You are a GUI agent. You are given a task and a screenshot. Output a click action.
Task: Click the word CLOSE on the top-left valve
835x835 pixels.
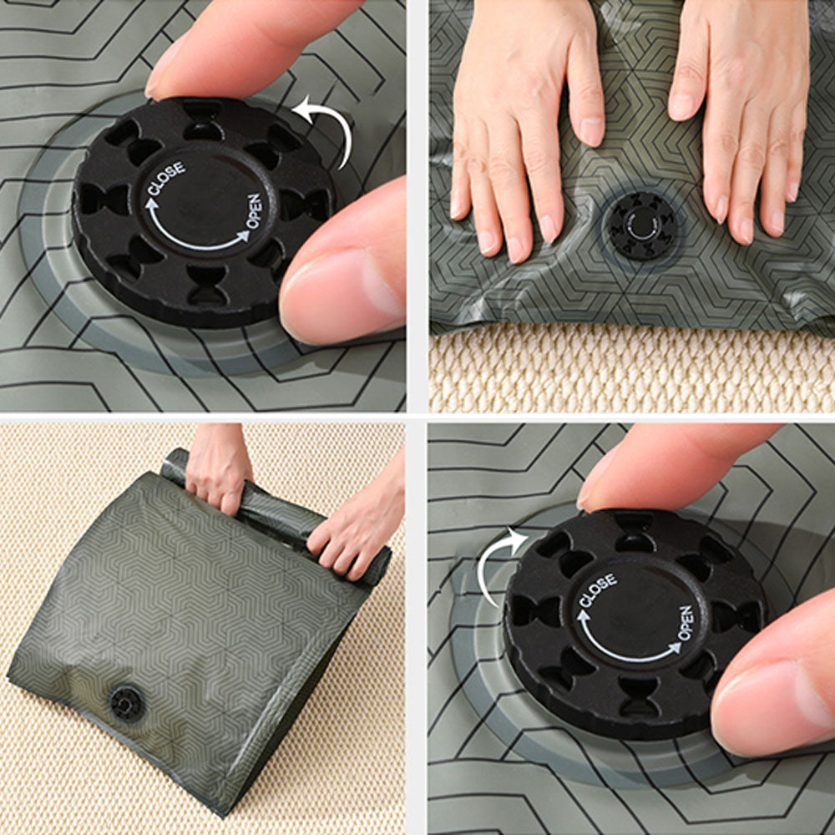point(166,177)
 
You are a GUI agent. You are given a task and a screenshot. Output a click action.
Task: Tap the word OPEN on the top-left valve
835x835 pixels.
point(255,211)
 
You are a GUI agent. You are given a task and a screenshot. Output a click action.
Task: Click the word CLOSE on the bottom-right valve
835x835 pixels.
point(598,590)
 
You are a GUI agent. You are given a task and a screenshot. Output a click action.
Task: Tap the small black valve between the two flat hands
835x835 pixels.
point(643,225)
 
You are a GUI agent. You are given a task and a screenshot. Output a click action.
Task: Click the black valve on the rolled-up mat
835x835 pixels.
point(127,703)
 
